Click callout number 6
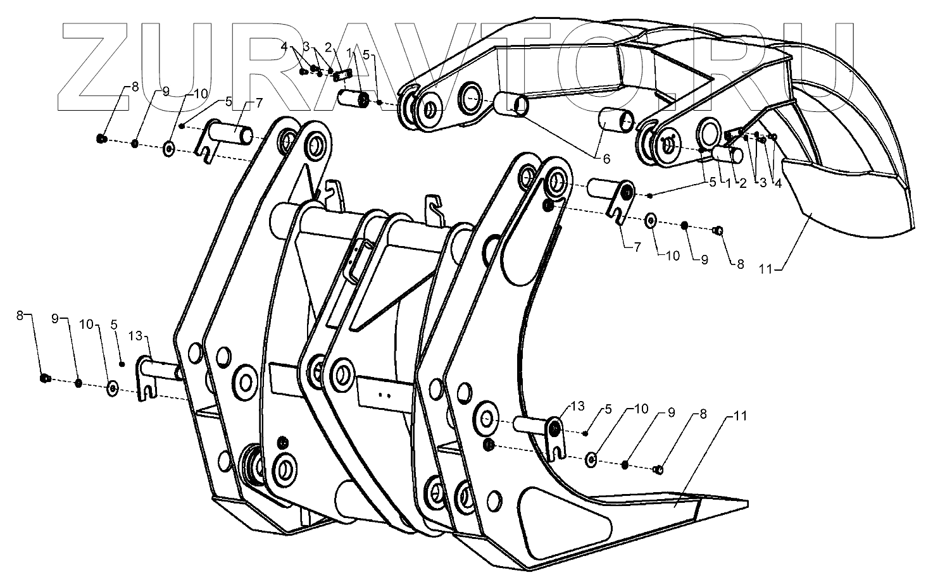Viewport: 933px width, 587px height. click(x=606, y=159)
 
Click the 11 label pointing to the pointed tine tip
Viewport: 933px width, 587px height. click(x=740, y=416)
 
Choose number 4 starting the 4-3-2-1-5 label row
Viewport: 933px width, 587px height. click(x=285, y=47)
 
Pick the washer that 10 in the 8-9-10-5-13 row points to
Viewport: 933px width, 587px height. click(x=113, y=387)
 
